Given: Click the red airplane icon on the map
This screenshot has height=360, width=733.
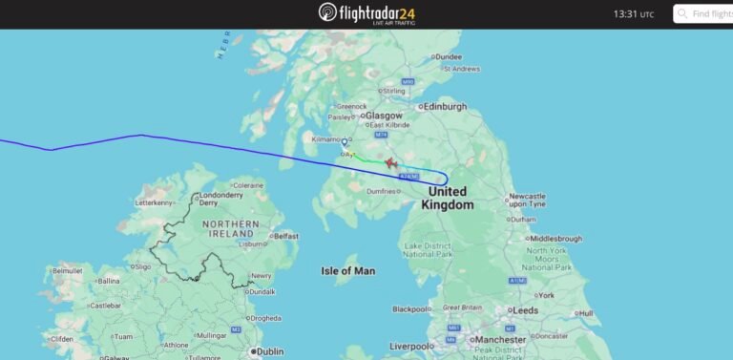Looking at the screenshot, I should (x=390, y=163).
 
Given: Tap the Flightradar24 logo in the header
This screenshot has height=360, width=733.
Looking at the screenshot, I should (x=366, y=13).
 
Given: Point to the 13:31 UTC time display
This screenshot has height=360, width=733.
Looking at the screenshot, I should (x=634, y=14).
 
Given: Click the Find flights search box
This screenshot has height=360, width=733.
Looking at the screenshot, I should (x=706, y=13).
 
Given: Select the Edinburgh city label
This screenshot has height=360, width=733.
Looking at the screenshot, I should (x=445, y=106).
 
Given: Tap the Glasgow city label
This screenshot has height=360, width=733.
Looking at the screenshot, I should (x=384, y=115).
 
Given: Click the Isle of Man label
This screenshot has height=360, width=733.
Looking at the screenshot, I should (x=347, y=271).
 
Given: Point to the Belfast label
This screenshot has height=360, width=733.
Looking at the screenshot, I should (x=285, y=236).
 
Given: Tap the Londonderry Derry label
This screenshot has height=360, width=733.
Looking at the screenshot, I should (x=220, y=199).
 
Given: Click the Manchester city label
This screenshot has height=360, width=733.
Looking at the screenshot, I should (x=500, y=339).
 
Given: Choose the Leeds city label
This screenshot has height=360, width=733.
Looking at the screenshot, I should (x=525, y=310).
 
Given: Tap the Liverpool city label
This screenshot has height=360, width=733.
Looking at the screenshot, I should (x=411, y=346).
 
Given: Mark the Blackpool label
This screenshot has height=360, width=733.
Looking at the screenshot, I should (x=412, y=308).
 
